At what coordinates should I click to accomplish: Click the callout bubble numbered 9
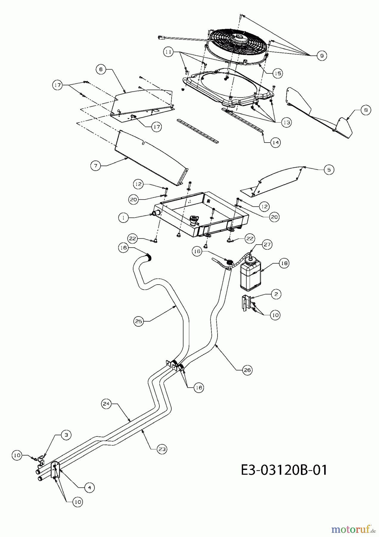click(321, 55)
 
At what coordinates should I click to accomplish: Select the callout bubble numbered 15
click(277, 73)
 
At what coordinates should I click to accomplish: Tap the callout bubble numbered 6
click(101, 70)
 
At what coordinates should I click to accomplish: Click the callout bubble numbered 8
click(366, 110)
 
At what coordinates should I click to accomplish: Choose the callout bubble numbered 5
click(329, 170)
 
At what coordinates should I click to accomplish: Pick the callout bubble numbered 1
click(123, 218)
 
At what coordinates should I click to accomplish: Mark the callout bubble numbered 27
click(267, 245)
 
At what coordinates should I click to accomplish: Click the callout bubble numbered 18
click(284, 263)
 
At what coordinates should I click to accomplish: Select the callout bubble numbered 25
click(139, 321)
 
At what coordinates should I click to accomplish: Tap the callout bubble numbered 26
click(247, 370)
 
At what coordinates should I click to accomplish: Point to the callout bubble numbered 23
click(162, 449)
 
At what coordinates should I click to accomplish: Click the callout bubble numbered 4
click(89, 487)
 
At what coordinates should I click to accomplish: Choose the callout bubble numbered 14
click(276, 143)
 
